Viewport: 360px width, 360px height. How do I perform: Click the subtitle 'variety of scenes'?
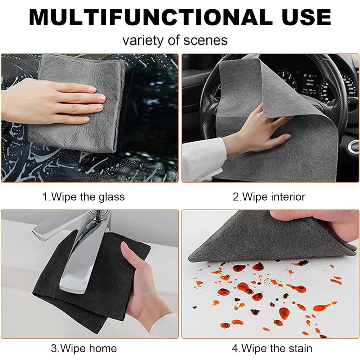click(x=175, y=40)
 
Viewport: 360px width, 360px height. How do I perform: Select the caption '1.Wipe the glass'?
click(x=83, y=197)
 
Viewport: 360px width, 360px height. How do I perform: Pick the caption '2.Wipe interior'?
click(x=269, y=197)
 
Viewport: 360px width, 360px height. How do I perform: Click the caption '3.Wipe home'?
click(x=84, y=348)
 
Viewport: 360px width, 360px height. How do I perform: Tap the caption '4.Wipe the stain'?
click(x=272, y=348)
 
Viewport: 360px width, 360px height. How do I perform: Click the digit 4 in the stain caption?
click(x=235, y=348)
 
